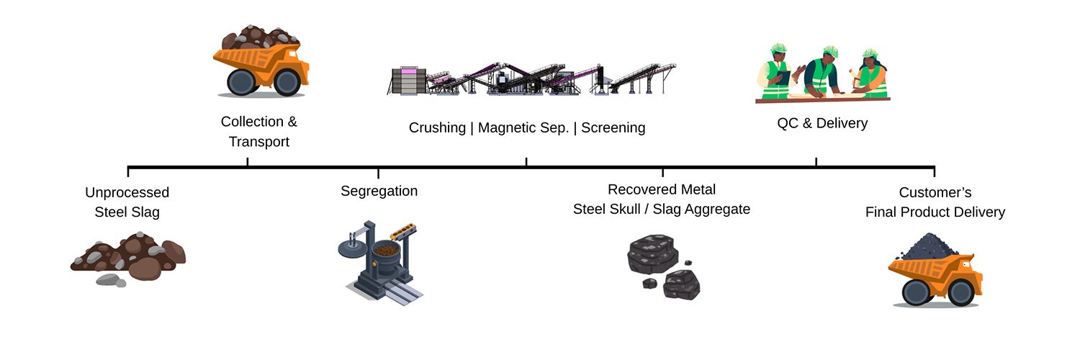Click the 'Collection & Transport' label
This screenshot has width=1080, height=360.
coord(259,132)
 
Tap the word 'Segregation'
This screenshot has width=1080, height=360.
coord(379,192)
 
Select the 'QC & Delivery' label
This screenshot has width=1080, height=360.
coord(822,123)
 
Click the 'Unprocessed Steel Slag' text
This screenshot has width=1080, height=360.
coord(127,202)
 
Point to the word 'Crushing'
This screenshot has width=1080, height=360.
coord(437,128)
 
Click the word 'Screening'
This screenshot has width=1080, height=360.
coord(613,128)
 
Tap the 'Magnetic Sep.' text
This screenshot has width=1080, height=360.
coord(523,128)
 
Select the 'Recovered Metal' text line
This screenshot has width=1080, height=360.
coord(662,190)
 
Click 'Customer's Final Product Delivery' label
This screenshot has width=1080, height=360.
coord(935,202)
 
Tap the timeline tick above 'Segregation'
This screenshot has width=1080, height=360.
coord(378,173)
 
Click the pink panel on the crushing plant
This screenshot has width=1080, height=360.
coord(408,73)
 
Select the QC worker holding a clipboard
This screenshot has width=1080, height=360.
coord(777,72)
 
